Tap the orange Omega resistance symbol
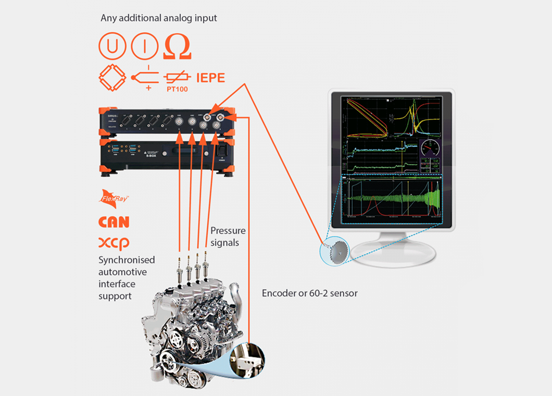[x=177, y=47]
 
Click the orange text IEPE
[x=210, y=78]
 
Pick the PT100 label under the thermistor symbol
[x=177, y=90]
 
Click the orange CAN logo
[x=114, y=222]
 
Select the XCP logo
[x=114, y=243]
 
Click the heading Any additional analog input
[x=159, y=18]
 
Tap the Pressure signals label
[x=228, y=236]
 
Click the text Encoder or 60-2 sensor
[x=309, y=293]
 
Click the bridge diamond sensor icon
[x=112, y=78]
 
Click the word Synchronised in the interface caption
[x=127, y=259]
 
